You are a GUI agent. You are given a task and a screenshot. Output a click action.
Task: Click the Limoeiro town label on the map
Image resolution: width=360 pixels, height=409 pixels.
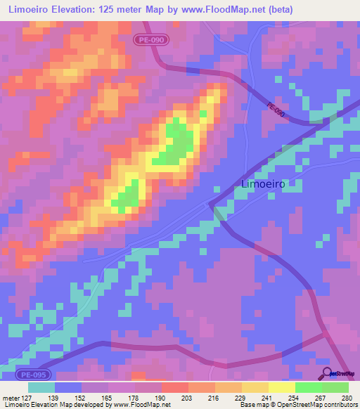[263, 184]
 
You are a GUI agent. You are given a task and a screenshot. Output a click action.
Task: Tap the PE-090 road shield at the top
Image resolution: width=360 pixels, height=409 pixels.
[151, 41]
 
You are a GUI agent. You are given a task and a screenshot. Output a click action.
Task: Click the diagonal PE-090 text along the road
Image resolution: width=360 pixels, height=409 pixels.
[276, 110]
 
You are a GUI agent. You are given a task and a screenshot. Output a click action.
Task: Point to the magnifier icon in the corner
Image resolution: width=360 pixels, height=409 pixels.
[326, 373]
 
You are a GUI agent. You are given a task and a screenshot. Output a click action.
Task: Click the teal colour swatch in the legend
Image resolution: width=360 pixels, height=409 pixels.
[41, 387]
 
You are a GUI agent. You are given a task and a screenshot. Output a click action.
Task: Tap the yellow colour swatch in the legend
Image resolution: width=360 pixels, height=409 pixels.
[281, 387]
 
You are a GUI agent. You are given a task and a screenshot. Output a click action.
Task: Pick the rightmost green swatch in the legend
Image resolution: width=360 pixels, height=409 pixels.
[335, 387]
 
